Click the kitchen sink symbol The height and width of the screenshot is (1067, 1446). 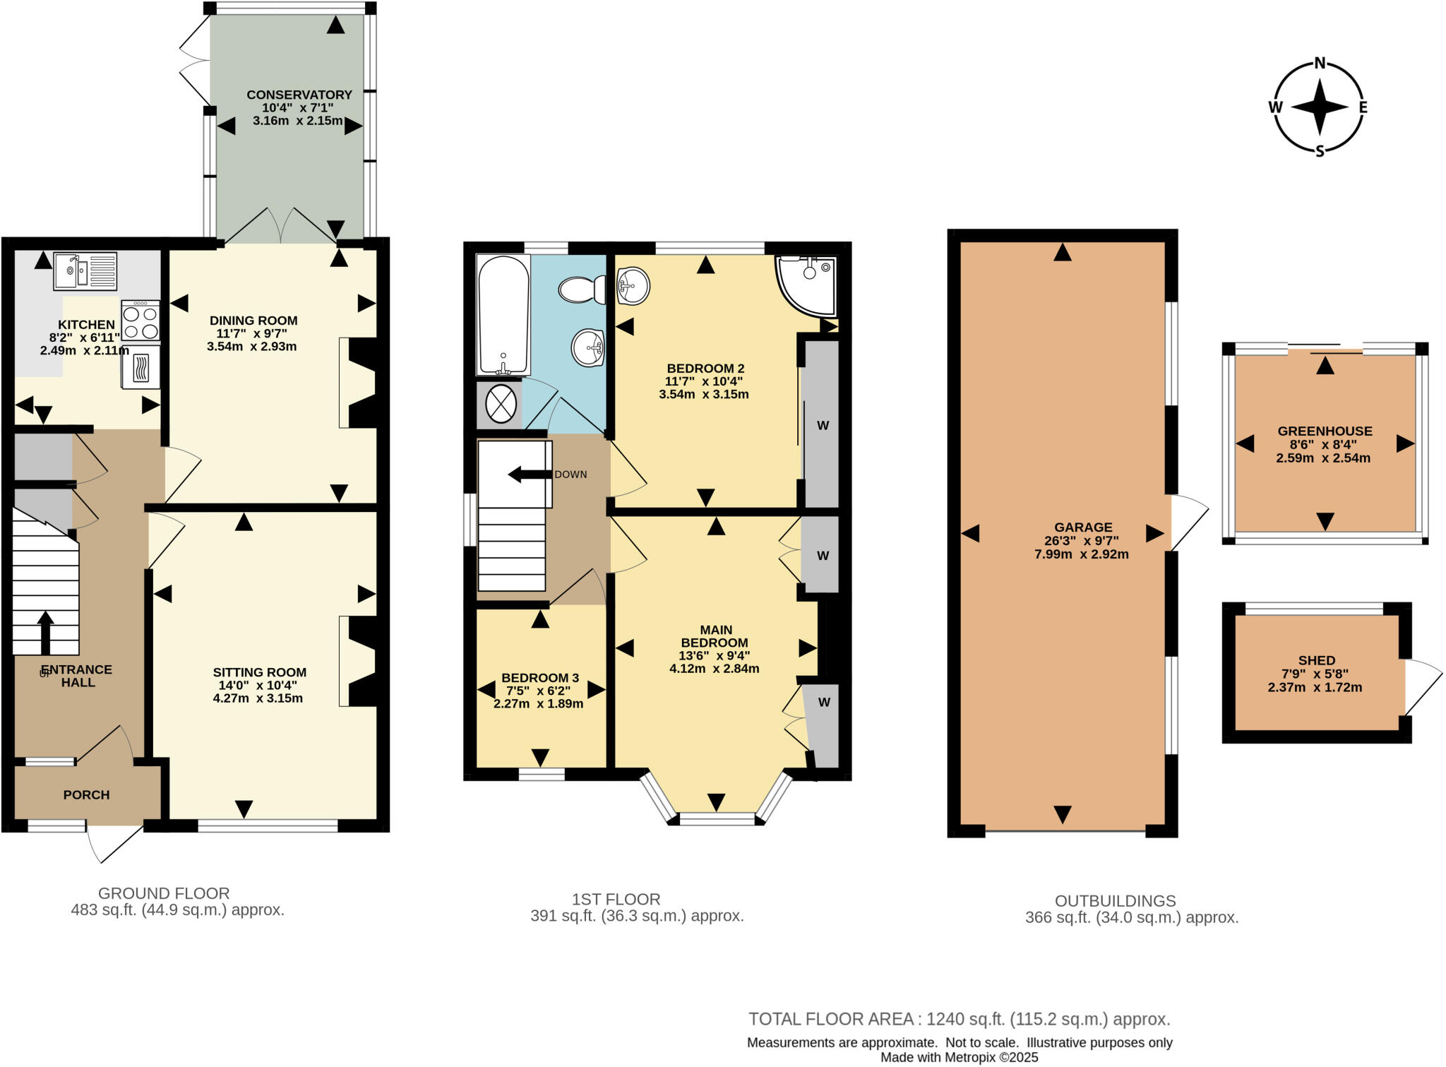point(85,271)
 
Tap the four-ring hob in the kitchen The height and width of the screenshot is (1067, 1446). point(140,321)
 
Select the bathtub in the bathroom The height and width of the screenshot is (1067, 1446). point(503,314)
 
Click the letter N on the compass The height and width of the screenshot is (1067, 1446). point(1320,64)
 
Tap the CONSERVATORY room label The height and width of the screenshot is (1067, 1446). point(299,95)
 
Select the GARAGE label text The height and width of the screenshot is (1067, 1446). point(1082,527)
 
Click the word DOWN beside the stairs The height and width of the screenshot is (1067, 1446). point(570,475)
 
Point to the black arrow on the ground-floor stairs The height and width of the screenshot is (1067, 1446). point(45,633)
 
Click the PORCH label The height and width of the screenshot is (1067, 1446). point(86,794)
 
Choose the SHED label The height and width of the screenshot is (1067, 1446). point(1316,660)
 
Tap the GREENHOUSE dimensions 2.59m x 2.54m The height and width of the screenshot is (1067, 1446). point(1322,458)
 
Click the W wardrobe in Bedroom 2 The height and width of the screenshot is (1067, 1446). point(823,425)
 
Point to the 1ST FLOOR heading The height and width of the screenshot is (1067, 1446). point(616,899)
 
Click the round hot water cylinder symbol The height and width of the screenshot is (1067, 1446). point(501,406)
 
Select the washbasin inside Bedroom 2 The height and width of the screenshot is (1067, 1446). point(633,286)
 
